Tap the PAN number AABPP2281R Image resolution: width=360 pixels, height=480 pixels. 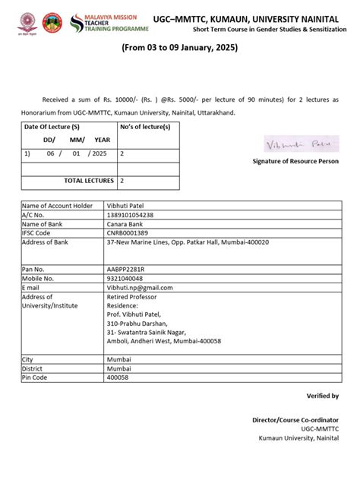126,269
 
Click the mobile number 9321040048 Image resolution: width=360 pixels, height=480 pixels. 125,278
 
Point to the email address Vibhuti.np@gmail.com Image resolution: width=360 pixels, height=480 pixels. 140,287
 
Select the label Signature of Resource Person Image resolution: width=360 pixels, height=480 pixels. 295,162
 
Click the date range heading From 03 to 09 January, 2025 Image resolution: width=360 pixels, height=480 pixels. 180,49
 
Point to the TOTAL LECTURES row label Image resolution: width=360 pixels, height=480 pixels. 89,181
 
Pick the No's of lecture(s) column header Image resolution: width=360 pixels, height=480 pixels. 145,126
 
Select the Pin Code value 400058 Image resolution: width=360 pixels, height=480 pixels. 118,377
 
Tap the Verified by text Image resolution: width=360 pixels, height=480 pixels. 323,396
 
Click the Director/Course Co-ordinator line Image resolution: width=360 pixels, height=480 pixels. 296,419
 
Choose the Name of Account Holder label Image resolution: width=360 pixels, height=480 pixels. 57,206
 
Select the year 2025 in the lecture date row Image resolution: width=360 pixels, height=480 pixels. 98,153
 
